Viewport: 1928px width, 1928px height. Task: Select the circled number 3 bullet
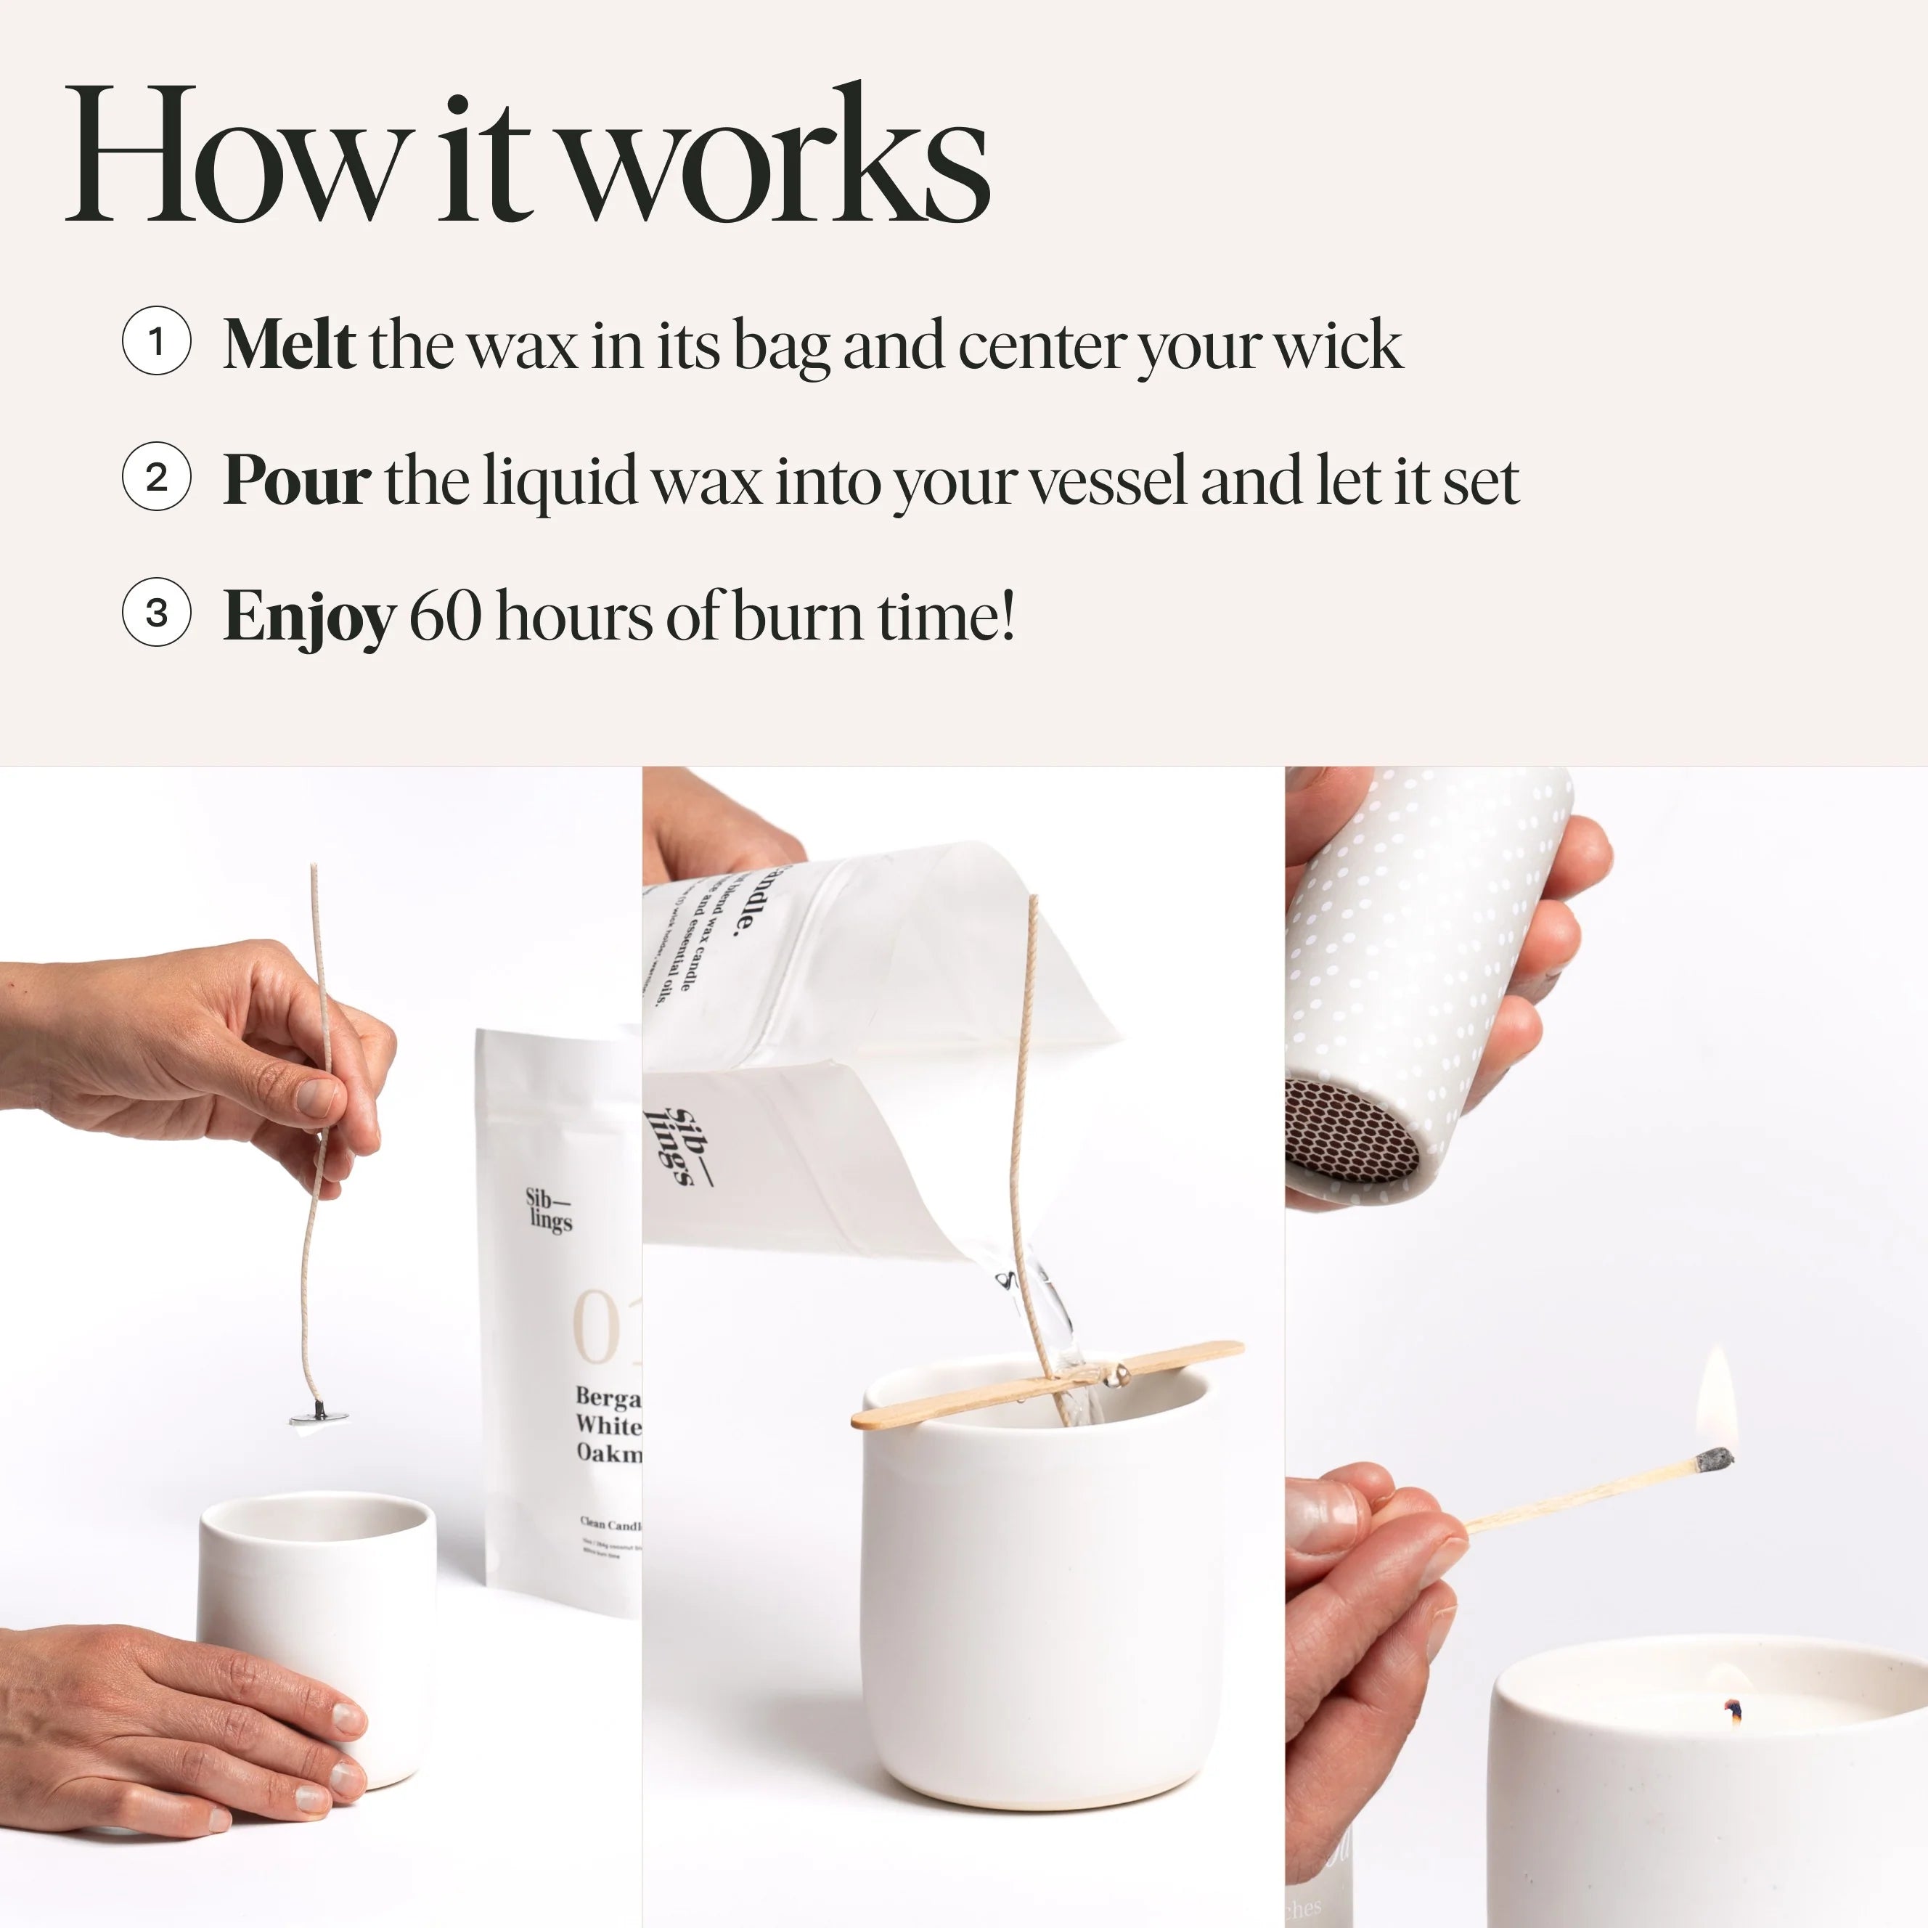[157, 613]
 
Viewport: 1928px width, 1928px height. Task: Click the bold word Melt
[288, 344]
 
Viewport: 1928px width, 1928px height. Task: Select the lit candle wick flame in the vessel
[1733, 1712]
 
